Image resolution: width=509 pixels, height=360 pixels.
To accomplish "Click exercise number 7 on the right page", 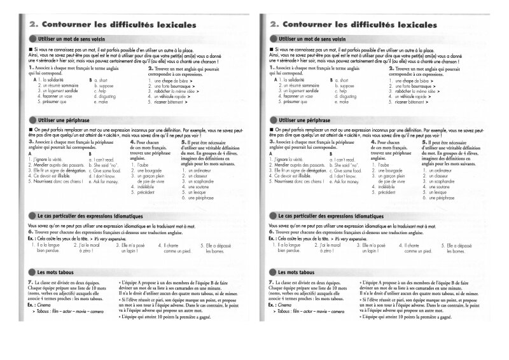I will [x=270, y=280].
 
